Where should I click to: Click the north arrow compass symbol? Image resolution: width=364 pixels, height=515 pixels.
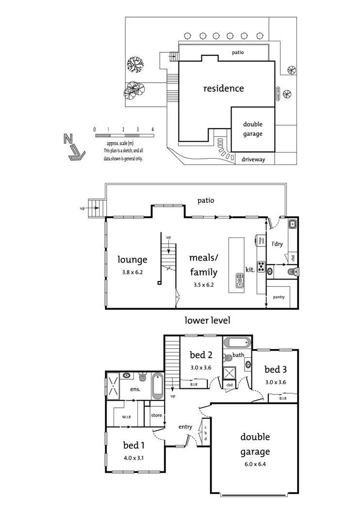pos(75,148)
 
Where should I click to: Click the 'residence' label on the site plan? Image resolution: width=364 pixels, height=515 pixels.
pos(223,88)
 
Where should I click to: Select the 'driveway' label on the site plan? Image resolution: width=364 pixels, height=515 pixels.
pos(253,159)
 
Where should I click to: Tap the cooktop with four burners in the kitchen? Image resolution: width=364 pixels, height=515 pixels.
pos(261,266)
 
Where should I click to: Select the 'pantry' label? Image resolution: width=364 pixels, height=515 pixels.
pos(279,296)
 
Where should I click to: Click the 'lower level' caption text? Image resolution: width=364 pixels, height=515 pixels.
pos(207,320)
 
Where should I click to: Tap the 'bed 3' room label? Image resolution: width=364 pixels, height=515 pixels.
pos(275,370)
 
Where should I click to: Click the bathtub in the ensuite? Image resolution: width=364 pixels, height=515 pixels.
pos(158,386)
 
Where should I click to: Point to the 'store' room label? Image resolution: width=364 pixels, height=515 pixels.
pos(156,415)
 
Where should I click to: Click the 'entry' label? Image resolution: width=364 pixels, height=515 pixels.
pos(185,427)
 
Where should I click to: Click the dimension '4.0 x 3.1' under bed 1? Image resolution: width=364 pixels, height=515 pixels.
pos(133,457)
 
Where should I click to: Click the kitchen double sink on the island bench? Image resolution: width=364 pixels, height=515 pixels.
pos(240,280)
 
